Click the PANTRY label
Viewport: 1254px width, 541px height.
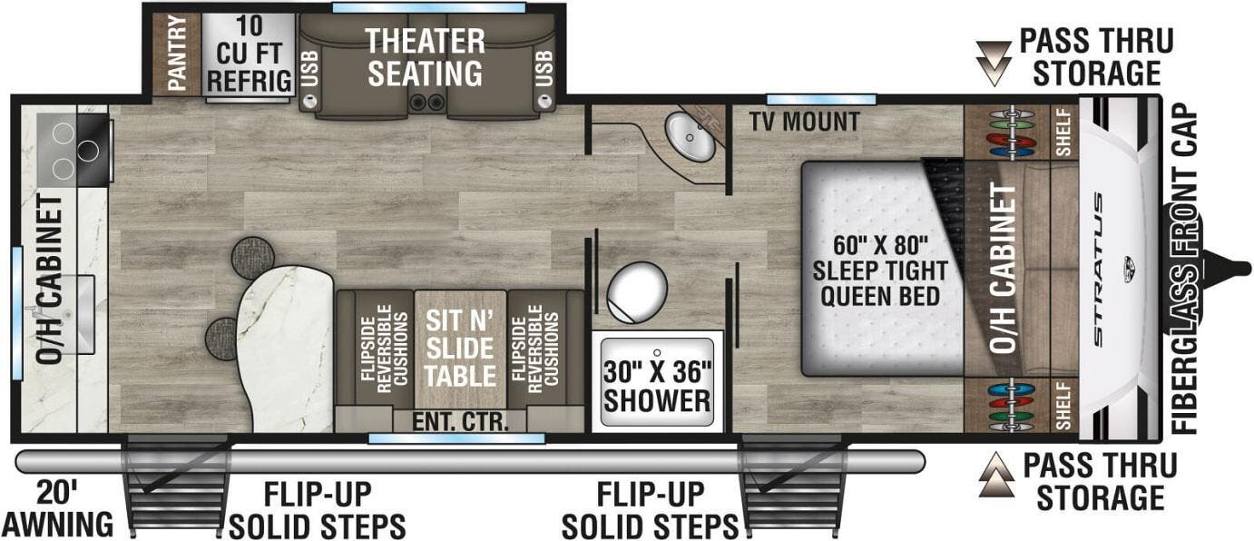pyautogui.click(x=177, y=54)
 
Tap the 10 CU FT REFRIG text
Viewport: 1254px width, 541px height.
pyautogui.click(x=250, y=54)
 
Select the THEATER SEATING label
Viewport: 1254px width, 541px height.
pyautogui.click(x=425, y=58)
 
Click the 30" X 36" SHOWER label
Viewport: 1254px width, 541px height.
pyautogui.click(x=657, y=387)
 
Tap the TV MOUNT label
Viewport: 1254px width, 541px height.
pyautogui.click(x=805, y=122)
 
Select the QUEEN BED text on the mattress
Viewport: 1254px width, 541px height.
pyautogui.click(x=880, y=296)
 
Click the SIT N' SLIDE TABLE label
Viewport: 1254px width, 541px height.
pyautogui.click(x=460, y=349)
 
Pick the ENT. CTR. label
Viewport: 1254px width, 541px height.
pyautogui.click(x=460, y=422)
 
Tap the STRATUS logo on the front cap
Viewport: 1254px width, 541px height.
pyautogui.click(x=1098, y=270)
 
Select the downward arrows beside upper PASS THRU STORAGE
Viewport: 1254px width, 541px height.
pyautogui.click(x=994, y=64)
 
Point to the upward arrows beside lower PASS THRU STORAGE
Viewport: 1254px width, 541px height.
pyautogui.click(x=996, y=475)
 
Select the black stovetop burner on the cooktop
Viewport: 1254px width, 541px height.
pyautogui.click(x=88, y=150)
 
